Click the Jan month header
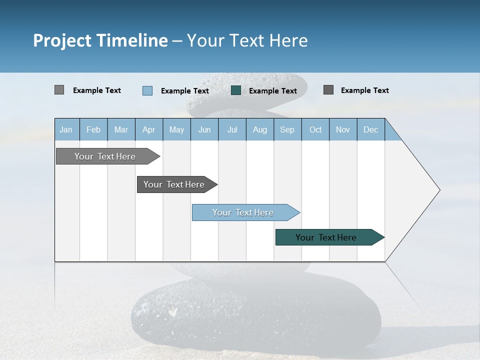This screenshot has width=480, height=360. [x=66, y=129]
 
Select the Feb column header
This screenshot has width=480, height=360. [x=93, y=129]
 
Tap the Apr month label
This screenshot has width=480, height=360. [x=148, y=129]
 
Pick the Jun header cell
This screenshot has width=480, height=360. [x=204, y=129]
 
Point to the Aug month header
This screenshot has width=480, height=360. [x=259, y=129]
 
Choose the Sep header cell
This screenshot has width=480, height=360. [x=287, y=129]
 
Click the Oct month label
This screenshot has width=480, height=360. [x=315, y=129]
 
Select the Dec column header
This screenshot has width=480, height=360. [x=370, y=129]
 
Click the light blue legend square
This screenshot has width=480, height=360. [x=147, y=90]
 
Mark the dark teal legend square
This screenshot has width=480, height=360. [x=236, y=90]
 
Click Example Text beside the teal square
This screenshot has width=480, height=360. [x=273, y=91]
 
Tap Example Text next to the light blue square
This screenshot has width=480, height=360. [x=185, y=91]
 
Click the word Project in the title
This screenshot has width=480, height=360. [x=62, y=40]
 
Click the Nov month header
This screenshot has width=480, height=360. [x=343, y=129]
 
